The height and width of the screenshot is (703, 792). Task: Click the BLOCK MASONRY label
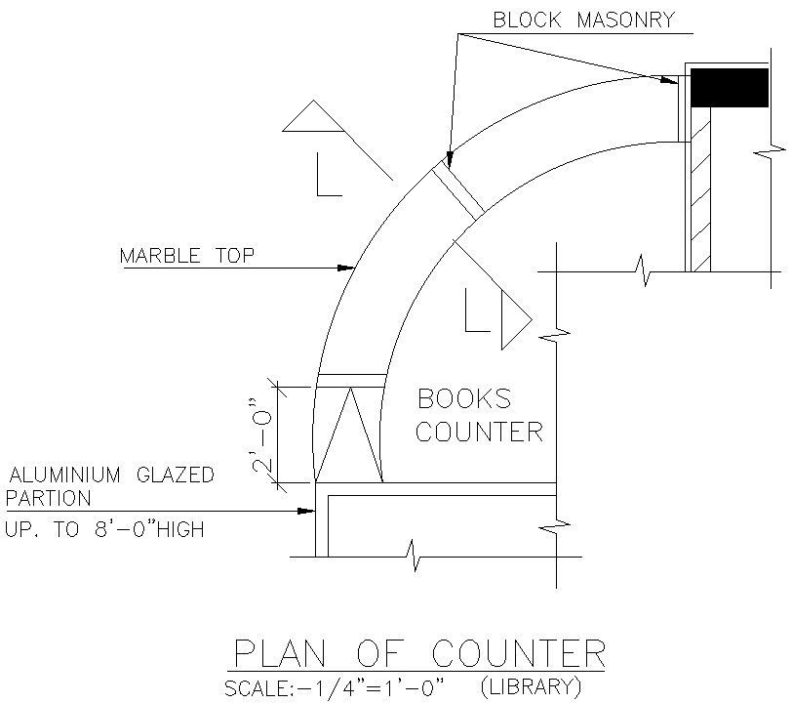(x=583, y=20)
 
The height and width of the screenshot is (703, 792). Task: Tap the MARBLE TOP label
(x=186, y=257)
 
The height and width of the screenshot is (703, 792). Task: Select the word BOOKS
(x=463, y=398)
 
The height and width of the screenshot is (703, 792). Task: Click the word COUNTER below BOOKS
(x=479, y=432)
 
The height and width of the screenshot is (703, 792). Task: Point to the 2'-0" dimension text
(x=258, y=434)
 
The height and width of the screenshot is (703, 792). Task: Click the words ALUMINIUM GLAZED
(x=110, y=476)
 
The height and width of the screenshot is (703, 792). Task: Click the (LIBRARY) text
(x=532, y=686)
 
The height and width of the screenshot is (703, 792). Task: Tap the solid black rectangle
(x=730, y=88)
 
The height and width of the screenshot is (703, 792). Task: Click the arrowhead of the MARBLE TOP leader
(x=345, y=267)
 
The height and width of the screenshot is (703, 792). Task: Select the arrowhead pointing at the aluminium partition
(x=307, y=511)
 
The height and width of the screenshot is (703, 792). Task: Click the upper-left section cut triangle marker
(x=314, y=118)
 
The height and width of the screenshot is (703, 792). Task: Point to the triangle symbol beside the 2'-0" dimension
(x=348, y=435)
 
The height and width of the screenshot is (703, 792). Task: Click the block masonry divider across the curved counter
(x=457, y=190)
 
